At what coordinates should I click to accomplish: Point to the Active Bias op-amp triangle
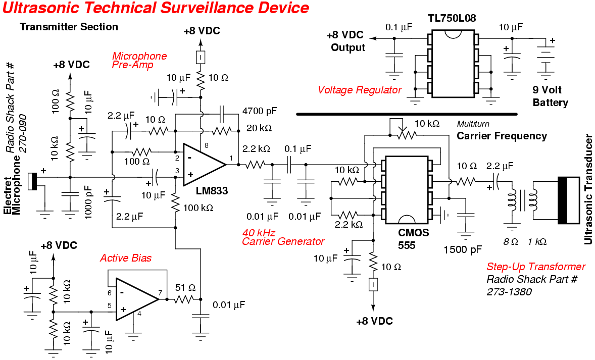coord(135,299)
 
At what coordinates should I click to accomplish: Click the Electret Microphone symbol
coord(33,181)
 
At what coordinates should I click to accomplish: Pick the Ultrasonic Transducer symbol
coord(568,200)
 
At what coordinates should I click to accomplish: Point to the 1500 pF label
coord(463,249)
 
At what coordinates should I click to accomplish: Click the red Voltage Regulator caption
coord(360,90)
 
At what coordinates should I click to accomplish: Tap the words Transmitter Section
coord(69,27)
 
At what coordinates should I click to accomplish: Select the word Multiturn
coord(473,124)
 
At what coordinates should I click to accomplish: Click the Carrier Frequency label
coord(502,136)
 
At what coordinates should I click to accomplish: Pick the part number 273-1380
coord(509,292)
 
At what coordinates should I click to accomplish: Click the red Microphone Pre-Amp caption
coord(139,60)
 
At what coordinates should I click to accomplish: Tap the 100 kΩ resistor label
coord(197,208)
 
